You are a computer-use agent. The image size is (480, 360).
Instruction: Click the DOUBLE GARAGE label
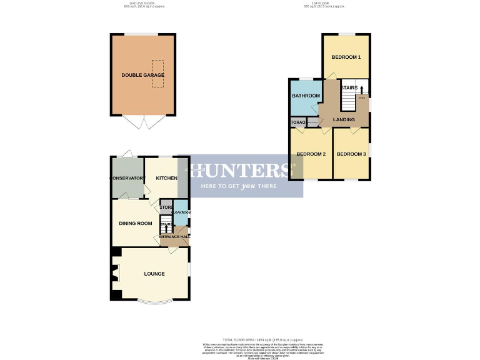coord(143,75)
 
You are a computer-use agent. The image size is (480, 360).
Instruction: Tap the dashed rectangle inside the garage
coord(157,74)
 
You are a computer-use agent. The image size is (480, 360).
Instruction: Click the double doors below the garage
coord(143,122)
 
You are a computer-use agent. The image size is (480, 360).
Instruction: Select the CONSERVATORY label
coord(127,179)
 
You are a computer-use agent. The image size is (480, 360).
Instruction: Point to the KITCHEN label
coord(166,179)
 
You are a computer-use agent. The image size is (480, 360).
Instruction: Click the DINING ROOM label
coord(136,223)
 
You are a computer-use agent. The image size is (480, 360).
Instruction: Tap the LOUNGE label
coord(154,274)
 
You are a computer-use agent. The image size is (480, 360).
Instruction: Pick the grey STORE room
coord(166,207)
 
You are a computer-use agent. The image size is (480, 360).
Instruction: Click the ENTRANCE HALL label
coord(174,236)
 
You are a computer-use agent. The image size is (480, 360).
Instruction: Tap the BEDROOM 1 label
coord(346,57)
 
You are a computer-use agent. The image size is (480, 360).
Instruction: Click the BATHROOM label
coord(306,96)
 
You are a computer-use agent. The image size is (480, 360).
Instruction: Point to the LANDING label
coord(344,119)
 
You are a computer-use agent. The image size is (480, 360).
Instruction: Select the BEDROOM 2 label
coord(311,154)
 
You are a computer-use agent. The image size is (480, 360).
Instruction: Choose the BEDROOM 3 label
coord(351,154)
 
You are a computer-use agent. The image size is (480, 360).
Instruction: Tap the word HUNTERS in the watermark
coord(241,170)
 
